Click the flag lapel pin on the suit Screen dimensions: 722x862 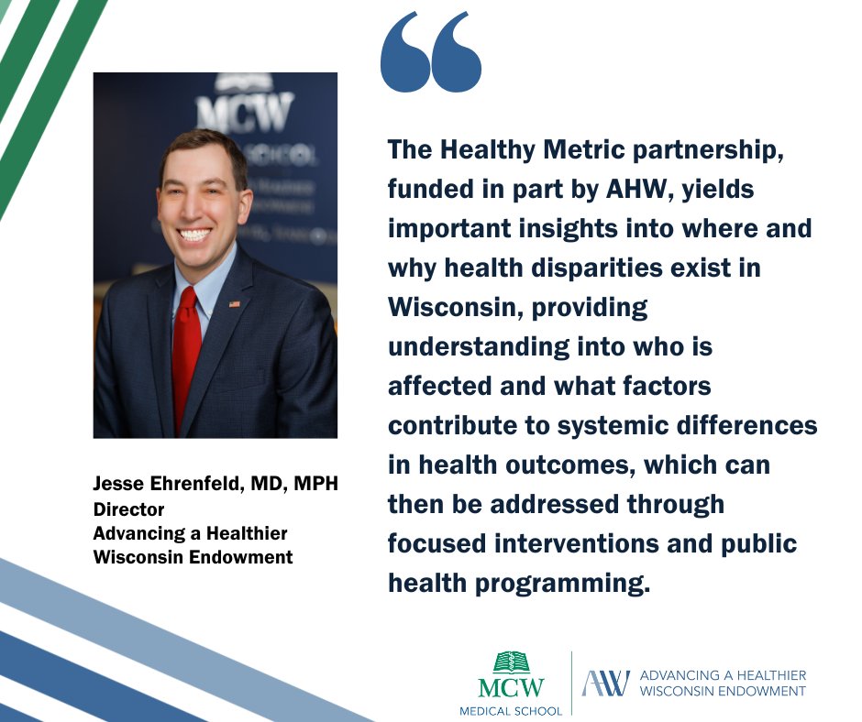[234, 303]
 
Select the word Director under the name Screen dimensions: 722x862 [128, 509]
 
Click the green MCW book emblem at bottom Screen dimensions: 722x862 [511, 662]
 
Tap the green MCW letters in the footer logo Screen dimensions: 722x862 [511, 687]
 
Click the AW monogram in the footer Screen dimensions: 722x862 [606, 683]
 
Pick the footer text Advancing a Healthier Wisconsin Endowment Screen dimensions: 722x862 [723, 683]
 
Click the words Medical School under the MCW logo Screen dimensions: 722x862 [511, 709]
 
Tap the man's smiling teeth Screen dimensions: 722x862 [194, 235]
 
